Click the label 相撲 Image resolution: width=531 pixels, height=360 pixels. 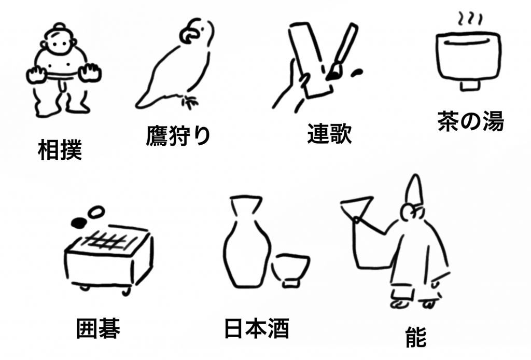click(x=60, y=150)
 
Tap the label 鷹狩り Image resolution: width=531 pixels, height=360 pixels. click(x=178, y=135)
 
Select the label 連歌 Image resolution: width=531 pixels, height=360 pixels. click(x=330, y=133)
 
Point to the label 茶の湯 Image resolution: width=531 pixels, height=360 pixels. click(x=471, y=121)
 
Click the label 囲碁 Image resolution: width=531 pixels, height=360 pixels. click(x=98, y=328)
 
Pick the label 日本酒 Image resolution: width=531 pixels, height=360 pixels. click(x=257, y=328)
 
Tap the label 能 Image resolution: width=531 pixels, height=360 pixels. click(x=416, y=337)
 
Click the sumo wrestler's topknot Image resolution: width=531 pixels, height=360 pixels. click(x=60, y=26)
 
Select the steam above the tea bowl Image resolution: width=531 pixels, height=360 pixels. click(x=470, y=19)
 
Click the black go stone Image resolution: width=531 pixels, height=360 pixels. click(x=79, y=222)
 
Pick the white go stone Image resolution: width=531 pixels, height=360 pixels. click(x=96, y=212)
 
